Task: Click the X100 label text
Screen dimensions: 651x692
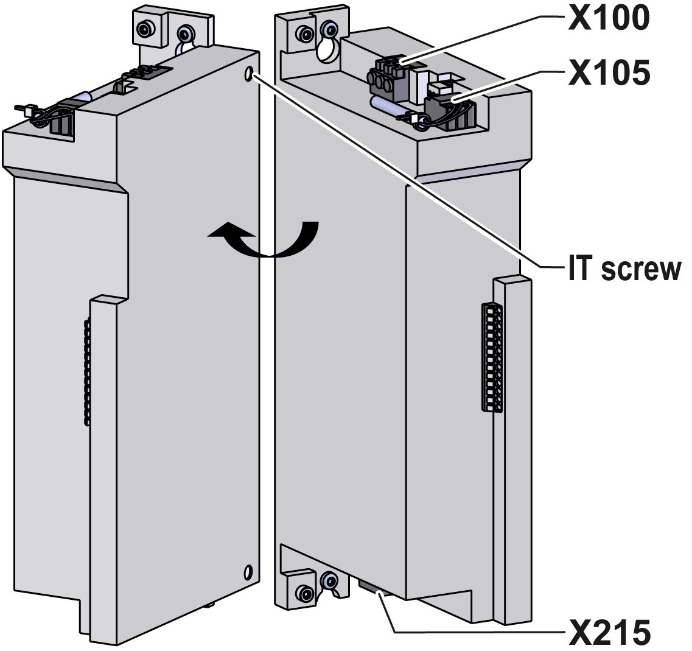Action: pyautogui.click(x=608, y=18)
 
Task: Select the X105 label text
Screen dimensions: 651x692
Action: pyautogui.click(x=608, y=72)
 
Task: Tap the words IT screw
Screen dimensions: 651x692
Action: pyautogui.click(x=622, y=269)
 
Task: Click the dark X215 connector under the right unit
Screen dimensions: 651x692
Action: pyautogui.click(x=372, y=588)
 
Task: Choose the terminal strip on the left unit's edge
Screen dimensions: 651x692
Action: pyautogui.click(x=88, y=371)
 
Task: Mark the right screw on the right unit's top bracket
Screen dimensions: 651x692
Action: pyautogui.click(x=329, y=27)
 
